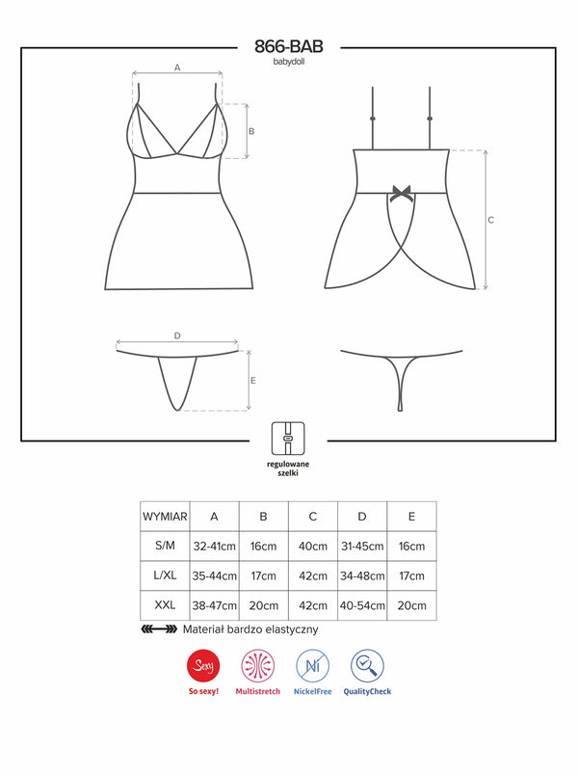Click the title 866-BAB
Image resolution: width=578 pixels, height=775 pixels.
[289, 46]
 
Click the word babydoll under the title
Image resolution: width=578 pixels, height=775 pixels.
[289, 61]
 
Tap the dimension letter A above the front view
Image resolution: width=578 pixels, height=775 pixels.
[177, 67]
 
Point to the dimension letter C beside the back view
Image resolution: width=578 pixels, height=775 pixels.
[490, 220]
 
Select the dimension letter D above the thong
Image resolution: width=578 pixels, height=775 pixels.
[177, 335]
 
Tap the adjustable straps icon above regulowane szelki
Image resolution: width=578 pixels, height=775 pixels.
[289, 438]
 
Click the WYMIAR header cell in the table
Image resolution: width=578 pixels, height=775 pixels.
[165, 516]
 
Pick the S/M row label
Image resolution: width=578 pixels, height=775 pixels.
[165, 546]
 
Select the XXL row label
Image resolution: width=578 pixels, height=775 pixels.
[165, 605]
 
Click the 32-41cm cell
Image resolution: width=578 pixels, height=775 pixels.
[214, 546]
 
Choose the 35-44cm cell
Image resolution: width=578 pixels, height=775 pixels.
[214, 575]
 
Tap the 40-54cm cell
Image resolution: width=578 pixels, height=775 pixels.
[361, 605]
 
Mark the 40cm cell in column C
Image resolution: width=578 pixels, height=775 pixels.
[313, 546]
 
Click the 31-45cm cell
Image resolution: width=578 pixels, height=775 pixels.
[361, 546]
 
